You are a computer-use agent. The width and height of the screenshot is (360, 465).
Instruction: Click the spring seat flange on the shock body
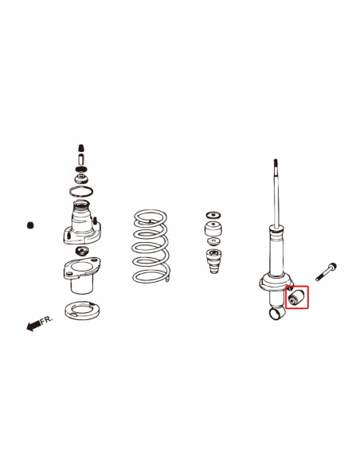pyautogui.click(x=273, y=282)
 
